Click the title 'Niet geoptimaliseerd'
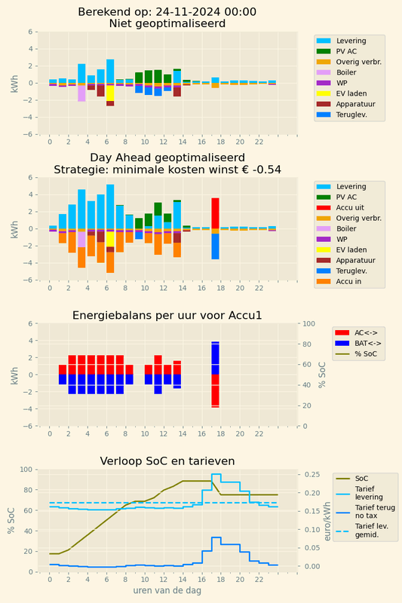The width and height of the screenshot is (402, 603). (x=167, y=23)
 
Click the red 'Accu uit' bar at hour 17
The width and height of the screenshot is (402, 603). (x=215, y=213)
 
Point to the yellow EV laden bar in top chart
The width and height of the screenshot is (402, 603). (x=110, y=93)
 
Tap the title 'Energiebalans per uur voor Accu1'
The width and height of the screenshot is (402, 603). (x=167, y=315)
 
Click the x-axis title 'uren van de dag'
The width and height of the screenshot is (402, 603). (x=167, y=591)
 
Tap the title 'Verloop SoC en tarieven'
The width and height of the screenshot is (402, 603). (x=167, y=461)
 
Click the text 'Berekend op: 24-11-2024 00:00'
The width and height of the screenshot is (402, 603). (x=167, y=11)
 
